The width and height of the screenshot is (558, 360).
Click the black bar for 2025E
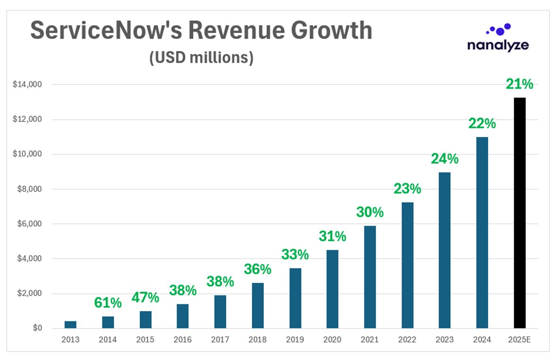point(519,213)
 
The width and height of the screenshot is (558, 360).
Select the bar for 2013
point(70,325)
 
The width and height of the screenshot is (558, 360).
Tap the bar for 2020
point(332,289)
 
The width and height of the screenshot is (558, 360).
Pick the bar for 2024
point(482,233)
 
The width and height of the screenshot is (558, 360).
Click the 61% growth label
point(108,303)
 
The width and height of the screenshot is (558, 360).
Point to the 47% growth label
point(145,298)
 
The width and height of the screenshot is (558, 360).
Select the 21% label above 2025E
point(519,84)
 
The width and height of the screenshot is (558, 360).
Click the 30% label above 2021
point(370,212)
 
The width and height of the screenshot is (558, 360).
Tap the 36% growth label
point(258,269)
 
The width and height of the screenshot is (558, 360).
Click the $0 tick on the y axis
point(37,328)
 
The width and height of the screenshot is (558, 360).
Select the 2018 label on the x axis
point(257,340)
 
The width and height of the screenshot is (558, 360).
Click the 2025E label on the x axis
point(519,340)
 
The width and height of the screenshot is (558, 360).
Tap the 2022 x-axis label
point(407,340)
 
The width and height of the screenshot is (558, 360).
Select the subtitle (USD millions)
point(201,58)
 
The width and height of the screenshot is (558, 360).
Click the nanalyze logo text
point(498,45)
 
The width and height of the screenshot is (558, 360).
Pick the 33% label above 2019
point(295,254)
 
